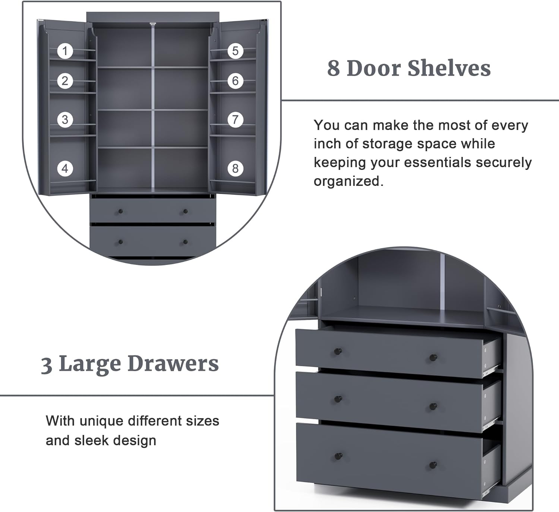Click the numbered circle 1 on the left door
[x=65, y=51]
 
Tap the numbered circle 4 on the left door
[x=65, y=169]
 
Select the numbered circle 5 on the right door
[x=236, y=51]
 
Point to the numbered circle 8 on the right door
[x=236, y=169]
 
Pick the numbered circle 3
[x=65, y=120]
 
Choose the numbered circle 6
[x=236, y=81]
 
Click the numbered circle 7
[x=236, y=120]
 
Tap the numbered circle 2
[x=65, y=81]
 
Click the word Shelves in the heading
[x=449, y=68]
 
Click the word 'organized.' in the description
[x=348, y=181]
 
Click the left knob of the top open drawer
[x=338, y=351]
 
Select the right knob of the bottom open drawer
[x=433, y=465]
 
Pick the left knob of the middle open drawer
[x=338, y=399]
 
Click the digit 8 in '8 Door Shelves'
[x=334, y=69]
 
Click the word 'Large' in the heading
[x=90, y=364]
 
